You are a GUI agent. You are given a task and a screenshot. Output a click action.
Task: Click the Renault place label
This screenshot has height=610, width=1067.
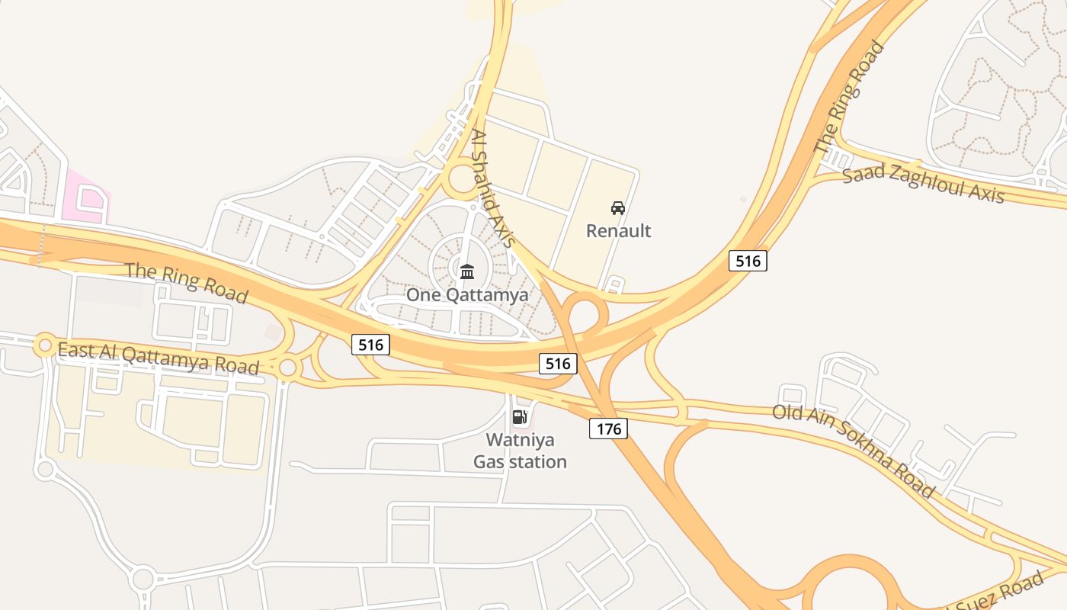coord(618,230)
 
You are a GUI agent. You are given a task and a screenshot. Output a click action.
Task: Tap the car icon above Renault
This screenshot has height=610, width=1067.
coord(618,207)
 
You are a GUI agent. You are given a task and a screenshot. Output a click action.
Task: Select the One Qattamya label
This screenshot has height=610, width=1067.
coord(466,294)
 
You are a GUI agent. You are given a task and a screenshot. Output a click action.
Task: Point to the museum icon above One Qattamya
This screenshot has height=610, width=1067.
coord(467,271)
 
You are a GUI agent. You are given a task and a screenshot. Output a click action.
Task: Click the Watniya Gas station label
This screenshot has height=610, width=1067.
coord(521,451)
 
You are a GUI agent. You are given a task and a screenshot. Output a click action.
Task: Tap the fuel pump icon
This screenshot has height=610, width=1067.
coord(520,416)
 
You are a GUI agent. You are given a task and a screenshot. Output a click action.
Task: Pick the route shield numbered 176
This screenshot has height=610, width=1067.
coord(608,429)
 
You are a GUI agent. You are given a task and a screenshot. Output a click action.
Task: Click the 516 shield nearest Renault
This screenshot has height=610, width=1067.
coord(748,261)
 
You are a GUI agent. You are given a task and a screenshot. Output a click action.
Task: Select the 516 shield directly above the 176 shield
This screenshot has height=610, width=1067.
coord(558,364)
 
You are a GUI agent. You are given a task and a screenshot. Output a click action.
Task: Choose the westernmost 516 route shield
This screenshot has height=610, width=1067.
coord(371,345)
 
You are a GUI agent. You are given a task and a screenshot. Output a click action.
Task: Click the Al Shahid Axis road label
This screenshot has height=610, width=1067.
coord(492,188)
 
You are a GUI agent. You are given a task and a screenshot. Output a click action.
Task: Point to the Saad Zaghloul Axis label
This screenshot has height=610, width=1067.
coord(923,183)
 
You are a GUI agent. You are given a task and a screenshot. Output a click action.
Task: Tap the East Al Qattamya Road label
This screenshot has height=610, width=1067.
coord(158,358)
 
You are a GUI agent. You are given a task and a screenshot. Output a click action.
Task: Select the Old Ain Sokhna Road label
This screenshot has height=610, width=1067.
coord(853,451)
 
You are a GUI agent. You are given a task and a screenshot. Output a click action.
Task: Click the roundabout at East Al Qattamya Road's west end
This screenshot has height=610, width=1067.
coord(45,345)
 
